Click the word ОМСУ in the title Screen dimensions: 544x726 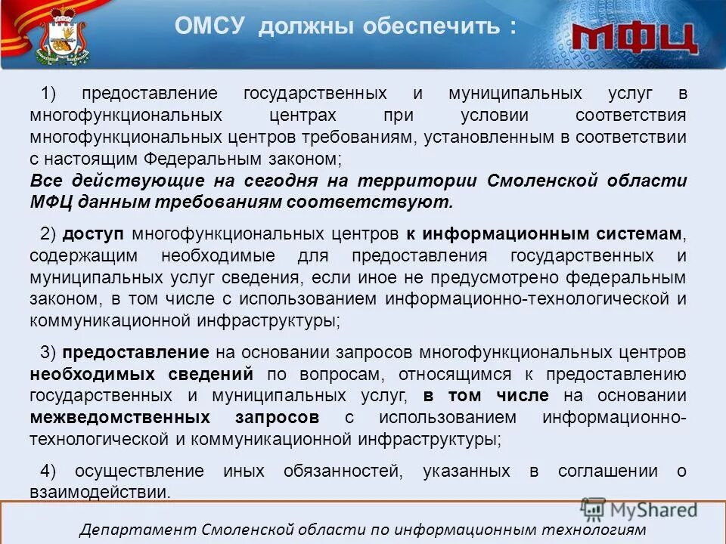pyautogui.click(x=211, y=27)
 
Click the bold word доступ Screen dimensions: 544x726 pyautogui.click(x=94, y=233)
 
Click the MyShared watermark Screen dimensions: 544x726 pyautogui.click(x=639, y=509)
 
